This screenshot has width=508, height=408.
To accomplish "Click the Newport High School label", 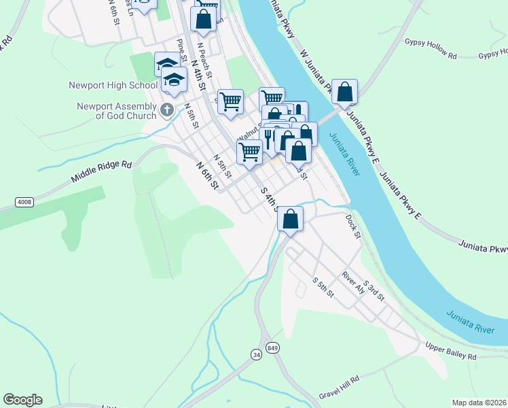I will (x=113, y=86).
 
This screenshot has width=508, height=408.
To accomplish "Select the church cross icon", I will (x=167, y=109).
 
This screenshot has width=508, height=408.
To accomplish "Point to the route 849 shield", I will (x=273, y=346).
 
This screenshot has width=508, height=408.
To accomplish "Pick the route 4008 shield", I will (x=24, y=201).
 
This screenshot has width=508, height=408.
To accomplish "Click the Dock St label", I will (x=352, y=226).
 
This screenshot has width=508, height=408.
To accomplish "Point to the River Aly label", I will (x=354, y=282).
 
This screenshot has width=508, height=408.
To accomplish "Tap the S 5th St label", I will (x=323, y=287).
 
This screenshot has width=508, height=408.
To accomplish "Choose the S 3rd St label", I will (x=374, y=290).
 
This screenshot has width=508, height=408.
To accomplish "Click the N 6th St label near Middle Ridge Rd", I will (x=207, y=175).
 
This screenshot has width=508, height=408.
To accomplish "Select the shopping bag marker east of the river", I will (x=345, y=92).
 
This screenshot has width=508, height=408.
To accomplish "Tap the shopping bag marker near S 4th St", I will (x=290, y=219).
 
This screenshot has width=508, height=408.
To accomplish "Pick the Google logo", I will (x=22, y=400).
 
